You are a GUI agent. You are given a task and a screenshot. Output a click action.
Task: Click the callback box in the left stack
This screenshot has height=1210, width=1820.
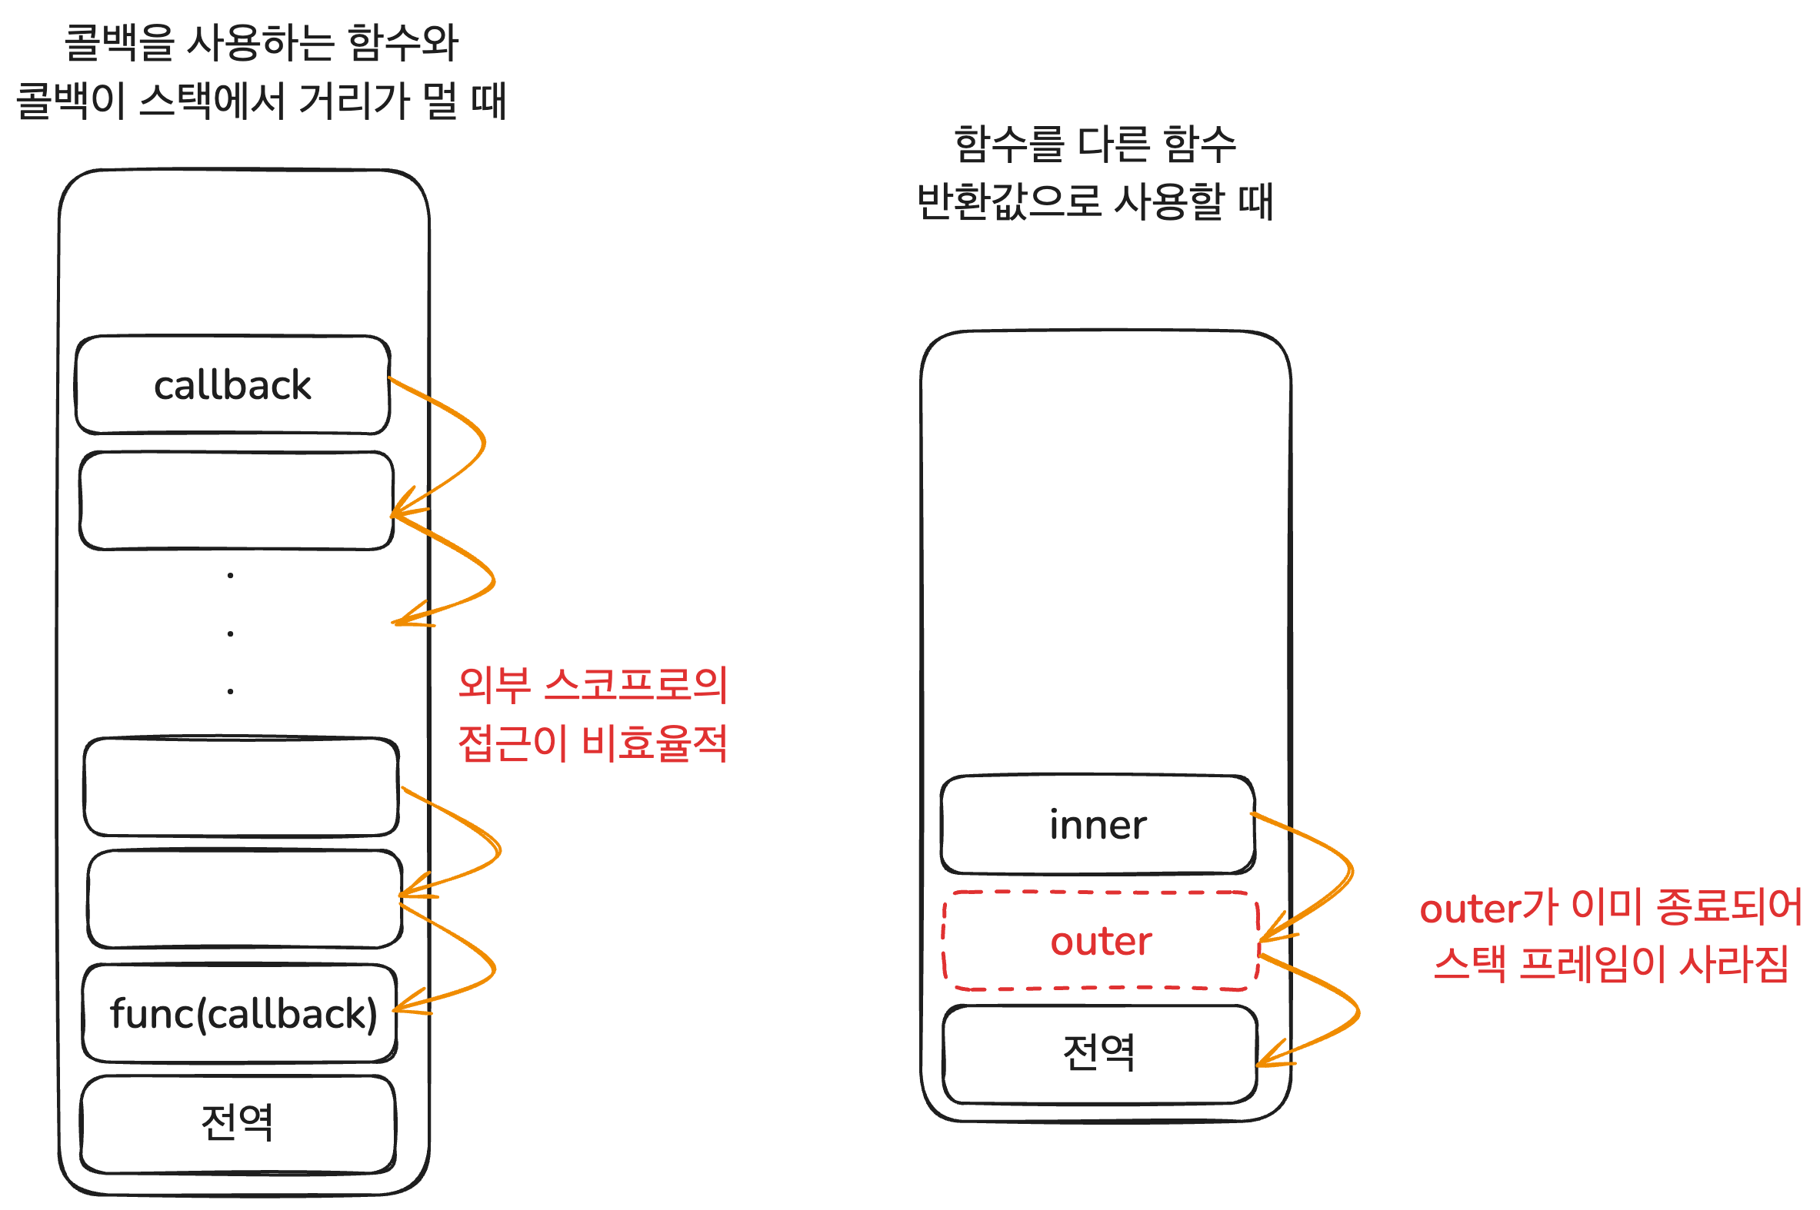(x=232, y=384)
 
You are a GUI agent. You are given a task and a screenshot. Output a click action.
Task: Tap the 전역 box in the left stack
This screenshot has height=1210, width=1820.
(x=237, y=1123)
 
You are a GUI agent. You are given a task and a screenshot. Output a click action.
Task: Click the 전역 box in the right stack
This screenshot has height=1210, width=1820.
(x=1098, y=1053)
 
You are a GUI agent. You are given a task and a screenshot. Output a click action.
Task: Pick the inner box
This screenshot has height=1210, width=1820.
(x=1097, y=825)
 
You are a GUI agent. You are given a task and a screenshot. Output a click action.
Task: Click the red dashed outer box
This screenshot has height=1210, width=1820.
(x=1100, y=941)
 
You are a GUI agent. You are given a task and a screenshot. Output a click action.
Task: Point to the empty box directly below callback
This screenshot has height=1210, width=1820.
(x=236, y=500)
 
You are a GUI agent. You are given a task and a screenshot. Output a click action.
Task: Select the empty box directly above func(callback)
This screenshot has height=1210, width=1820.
(x=244, y=899)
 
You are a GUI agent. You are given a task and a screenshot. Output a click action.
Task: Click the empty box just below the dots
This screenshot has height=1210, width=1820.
(x=241, y=787)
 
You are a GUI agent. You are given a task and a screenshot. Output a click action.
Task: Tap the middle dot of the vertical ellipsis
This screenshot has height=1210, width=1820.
(x=230, y=633)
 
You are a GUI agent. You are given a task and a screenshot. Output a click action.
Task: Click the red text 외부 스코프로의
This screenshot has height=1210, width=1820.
(x=592, y=684)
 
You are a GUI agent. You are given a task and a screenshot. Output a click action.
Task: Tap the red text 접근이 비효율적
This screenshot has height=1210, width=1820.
(x=592, y=743)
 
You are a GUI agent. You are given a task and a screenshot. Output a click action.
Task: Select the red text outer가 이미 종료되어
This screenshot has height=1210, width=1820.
(x=1610, y=906)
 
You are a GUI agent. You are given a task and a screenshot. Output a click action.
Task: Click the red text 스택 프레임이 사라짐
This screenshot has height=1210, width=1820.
(x=1610, y=965)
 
